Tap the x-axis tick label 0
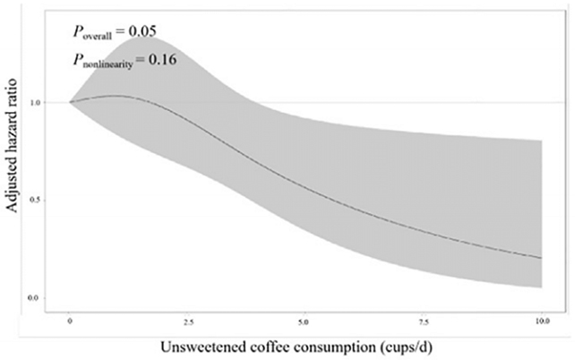70,319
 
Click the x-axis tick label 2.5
186,319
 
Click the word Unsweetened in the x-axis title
207,346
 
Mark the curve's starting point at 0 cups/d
70,102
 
